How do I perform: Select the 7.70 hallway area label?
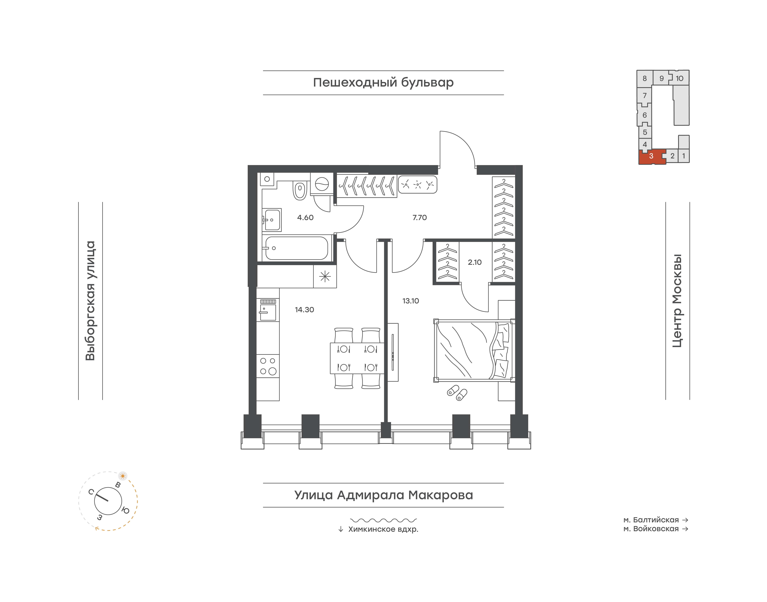click(419, 217)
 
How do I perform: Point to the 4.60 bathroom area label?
click(305, 217)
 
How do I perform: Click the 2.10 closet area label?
click(474, 262)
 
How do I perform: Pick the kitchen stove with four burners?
click(268, 366)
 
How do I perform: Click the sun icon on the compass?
click(123, 476)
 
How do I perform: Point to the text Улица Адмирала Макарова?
click(383, 495)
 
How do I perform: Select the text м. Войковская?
click(651, 529)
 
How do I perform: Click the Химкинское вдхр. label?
click(383, 529)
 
